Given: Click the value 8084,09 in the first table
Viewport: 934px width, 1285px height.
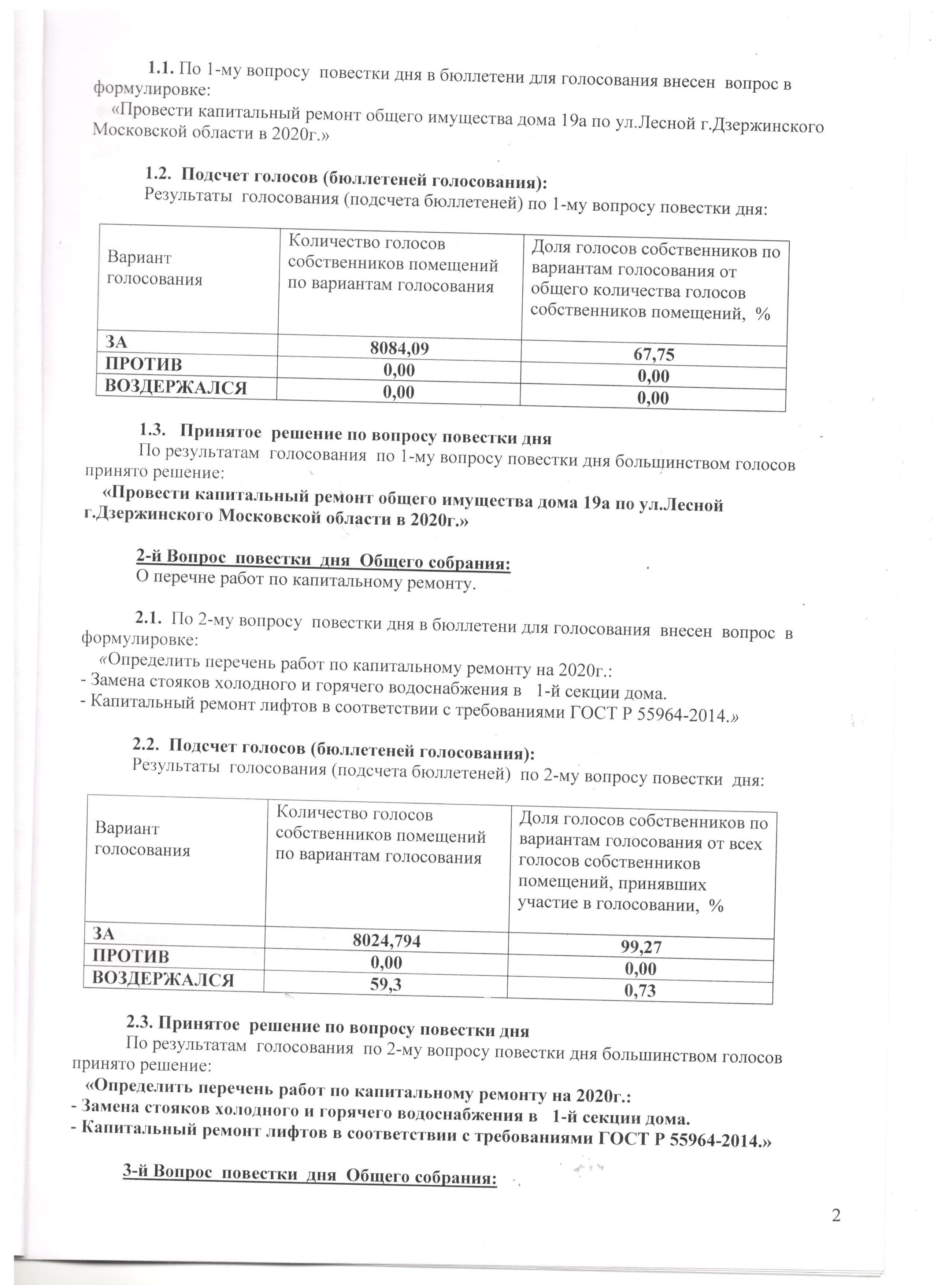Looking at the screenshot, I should point(399,349).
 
